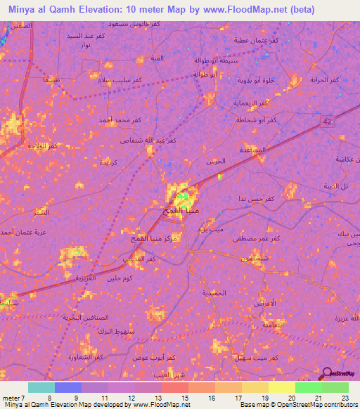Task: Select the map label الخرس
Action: tap(215, 162)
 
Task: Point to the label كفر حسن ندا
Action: tap(250, 200)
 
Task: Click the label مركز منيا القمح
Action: tap(153, 239)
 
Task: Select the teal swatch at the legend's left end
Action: tap(41, 387)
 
